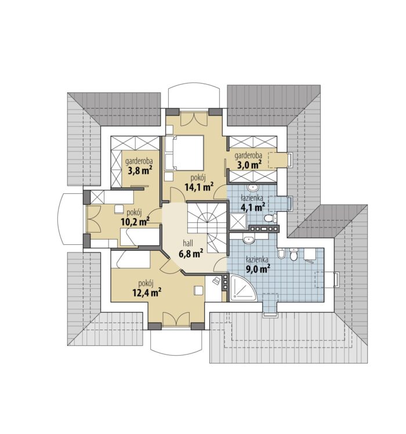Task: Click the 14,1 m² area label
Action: (199, 187)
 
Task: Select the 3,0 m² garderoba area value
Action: (249, 165)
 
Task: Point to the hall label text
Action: (188, 243)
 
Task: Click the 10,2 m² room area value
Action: (135, 222)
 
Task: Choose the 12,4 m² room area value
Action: (147, 292)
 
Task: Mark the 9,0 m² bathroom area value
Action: (258, 269)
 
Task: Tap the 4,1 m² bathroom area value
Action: (253, 207)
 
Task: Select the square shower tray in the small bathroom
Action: (237, 222)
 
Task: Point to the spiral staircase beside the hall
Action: (207, 227)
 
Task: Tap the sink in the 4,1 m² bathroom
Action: (252, 188)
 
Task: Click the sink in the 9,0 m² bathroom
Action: (249, 239)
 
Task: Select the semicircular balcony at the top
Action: (194, 95)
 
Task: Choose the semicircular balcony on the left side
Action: (71, 219)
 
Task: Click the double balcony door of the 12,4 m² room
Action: (176, 319)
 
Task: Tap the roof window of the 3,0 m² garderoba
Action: (290, 160)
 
